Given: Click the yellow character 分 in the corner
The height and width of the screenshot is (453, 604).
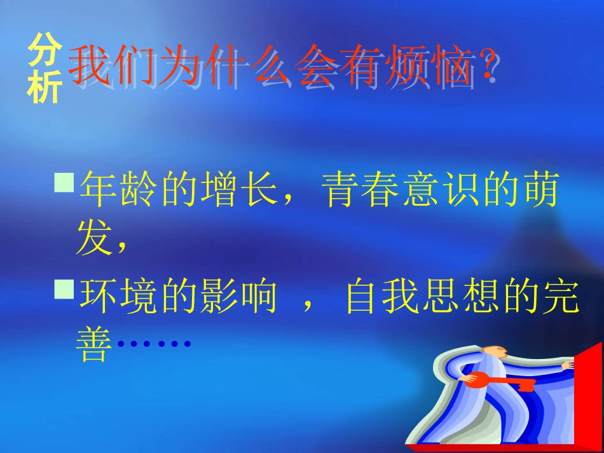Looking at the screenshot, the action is point(45,50).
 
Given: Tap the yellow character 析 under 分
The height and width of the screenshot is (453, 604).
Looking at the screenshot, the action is point(45,87).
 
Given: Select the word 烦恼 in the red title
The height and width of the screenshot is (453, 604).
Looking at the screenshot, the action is point(429,65).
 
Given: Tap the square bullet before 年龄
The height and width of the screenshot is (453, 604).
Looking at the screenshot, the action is point(64,182).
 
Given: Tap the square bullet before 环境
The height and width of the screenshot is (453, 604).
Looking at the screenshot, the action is point(64,289).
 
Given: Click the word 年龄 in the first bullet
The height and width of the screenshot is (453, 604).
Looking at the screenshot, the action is point(119,189).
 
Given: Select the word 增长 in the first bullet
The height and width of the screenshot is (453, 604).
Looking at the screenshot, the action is point(239,189).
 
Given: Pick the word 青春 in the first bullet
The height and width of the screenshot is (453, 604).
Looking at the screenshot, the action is point(360,189).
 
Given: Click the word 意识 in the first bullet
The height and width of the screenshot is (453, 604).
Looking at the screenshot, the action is point(441,189).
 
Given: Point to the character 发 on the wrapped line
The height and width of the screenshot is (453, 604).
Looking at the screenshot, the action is point(95,237).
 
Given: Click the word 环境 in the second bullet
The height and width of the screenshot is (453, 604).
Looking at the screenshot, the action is point(119,295).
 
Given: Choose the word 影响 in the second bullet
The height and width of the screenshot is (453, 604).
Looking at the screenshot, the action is point(239,295).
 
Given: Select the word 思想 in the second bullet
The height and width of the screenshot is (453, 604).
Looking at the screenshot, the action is point(462,295).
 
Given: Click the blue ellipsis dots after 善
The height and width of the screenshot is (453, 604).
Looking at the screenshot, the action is point(154,343).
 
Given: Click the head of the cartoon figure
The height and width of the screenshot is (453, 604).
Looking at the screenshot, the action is point(496,351).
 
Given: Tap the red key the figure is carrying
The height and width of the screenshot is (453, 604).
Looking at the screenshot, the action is point(501,381).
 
